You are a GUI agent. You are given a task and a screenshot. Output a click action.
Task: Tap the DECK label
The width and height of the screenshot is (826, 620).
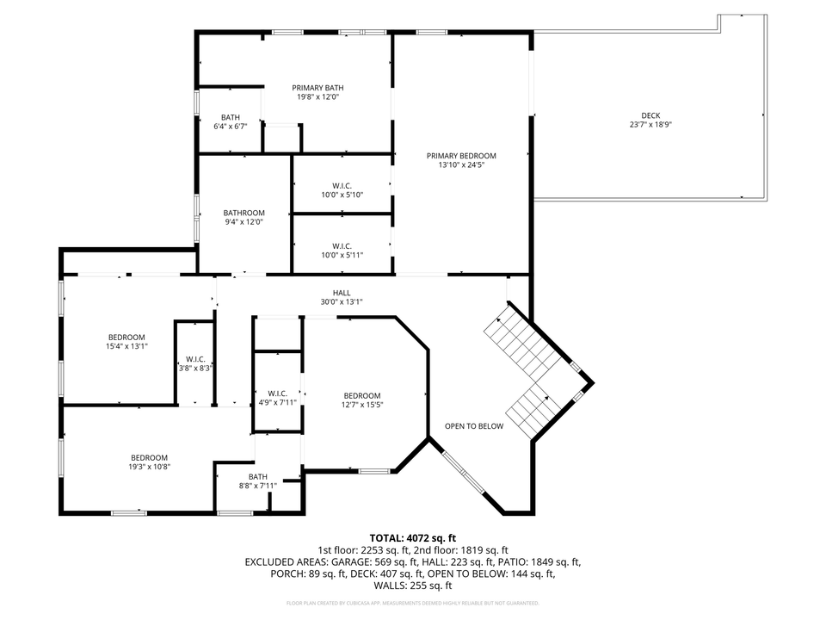pyautogui.click(x=650, y=115)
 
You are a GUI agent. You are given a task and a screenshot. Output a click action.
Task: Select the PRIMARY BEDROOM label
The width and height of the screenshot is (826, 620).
pyautogui.click(x=461, y=156)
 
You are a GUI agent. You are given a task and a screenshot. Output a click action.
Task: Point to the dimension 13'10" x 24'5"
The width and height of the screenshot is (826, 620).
pyautogui.click(x=461, y=164)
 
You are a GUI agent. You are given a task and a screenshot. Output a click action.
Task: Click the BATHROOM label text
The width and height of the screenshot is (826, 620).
pyautogui.click(x=244, y=213)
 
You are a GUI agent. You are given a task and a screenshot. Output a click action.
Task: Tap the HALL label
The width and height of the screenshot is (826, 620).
pyautogui.click(x=342, y=293)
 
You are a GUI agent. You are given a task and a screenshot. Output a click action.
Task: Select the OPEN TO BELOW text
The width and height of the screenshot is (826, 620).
pyautogui.click(x=474, y=426)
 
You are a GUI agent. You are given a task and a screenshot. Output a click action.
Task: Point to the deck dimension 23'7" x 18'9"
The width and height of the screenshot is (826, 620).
pyautogui.click(x=650, y=124)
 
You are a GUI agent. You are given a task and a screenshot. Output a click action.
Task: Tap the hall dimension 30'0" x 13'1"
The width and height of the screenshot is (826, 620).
pyautogui.click(x=342, y=301)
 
